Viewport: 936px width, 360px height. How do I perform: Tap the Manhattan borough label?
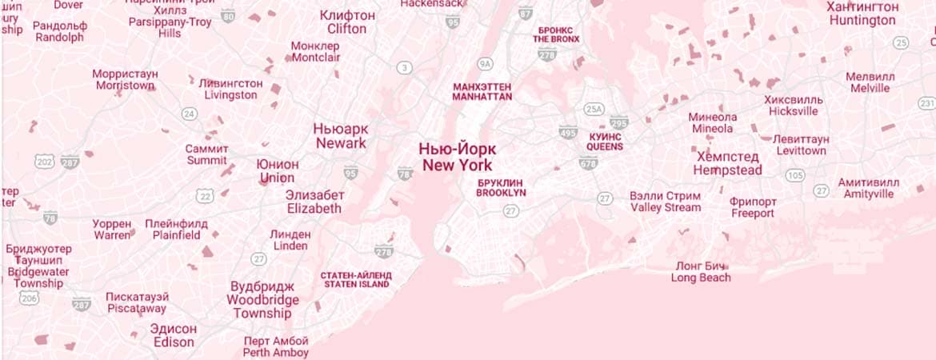(482, 91)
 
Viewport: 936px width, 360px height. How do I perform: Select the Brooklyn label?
(501, 187)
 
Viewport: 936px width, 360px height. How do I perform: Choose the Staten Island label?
(356, 279)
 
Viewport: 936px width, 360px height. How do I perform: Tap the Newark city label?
(341, 136)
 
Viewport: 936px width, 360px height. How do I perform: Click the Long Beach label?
(701, 272)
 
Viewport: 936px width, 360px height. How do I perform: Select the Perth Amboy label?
(275, 346)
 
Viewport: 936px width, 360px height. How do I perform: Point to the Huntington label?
(862, 14)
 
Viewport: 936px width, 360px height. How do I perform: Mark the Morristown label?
(125, 80)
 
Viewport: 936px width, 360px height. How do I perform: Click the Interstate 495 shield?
(568, 132)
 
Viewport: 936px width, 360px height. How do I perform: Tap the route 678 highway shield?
(589, 163)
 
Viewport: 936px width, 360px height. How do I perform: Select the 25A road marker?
(593, 109)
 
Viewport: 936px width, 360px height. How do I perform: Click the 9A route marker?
(485, 63)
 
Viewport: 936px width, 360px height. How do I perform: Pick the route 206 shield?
(30, 298)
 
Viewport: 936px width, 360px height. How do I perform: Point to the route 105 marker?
(795, 174)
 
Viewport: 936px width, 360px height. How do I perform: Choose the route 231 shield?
(926, 103)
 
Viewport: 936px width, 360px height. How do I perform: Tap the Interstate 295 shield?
(618, 122)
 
